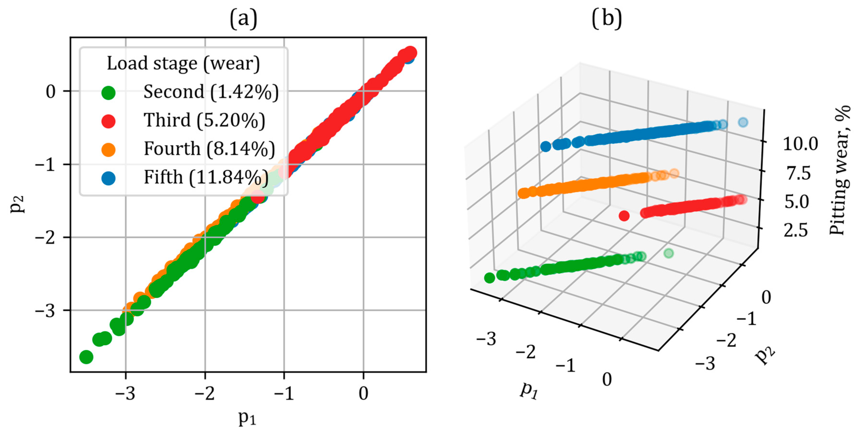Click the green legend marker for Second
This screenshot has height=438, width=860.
coord(108,92)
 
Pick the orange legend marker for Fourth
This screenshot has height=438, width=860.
coord(108,149)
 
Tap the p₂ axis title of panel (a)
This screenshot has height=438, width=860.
coord(17,204)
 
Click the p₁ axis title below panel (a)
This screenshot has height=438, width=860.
coord(247,418)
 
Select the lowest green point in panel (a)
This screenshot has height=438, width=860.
coord(86,357)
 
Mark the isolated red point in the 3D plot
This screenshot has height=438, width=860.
coord(624,216)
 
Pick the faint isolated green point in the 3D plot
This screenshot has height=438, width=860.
coord(668,253)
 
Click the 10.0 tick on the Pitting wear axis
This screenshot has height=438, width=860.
coord(800,144)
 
